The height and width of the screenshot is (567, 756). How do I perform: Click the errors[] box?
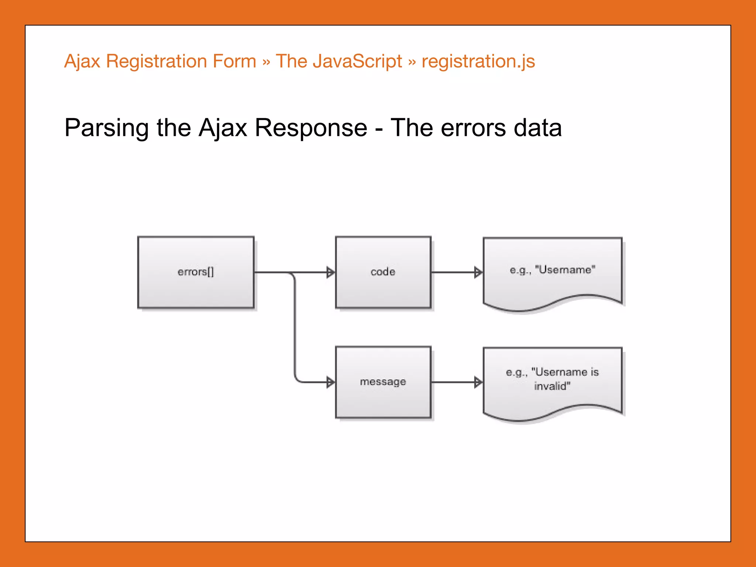point(196,272)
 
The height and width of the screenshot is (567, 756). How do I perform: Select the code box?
point(383,272)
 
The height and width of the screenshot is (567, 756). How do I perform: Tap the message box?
point(383,382)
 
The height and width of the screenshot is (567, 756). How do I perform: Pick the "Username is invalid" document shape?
point(553,380)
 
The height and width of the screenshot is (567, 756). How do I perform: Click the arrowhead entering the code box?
point(331,272)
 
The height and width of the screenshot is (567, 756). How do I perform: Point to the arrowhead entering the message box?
point(331,382)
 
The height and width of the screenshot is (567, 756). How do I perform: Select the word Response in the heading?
point(311,128)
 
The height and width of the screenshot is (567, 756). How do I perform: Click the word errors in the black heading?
point(474,128)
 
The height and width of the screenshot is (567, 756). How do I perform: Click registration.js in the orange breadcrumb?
point(478,61)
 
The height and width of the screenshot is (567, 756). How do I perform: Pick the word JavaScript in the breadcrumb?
point(357,61)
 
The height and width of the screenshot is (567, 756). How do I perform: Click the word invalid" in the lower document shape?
point(552,386)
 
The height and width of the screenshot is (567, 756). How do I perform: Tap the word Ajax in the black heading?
point(223,128)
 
